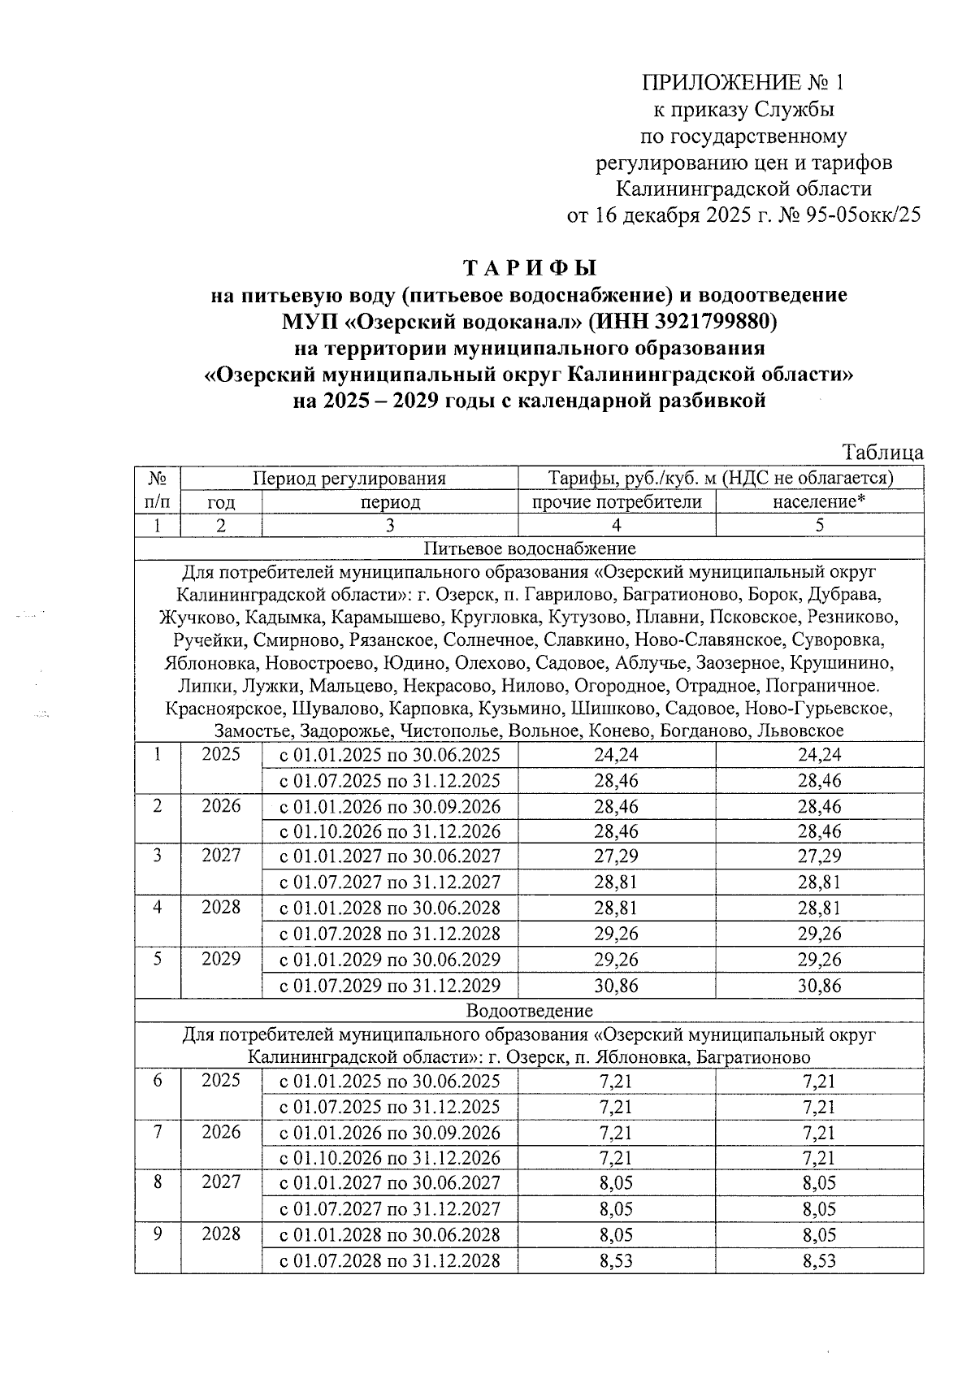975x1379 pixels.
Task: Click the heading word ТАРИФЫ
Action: tap(529, 268)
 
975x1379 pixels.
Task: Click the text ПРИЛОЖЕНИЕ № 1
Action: tap(743, 83)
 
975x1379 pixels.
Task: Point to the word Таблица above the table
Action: tap(882, 453)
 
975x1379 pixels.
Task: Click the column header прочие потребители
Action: tap(616, 502)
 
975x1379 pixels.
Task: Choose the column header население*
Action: tap(819, 502)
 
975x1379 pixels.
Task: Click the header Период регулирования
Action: tap(349, 478)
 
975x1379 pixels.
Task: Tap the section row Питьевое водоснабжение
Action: tap(529, 549)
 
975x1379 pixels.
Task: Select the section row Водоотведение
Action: tap(529, 1011)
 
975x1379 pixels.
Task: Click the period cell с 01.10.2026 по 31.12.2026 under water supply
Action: tap(390, 831)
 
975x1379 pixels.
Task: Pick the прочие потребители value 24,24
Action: tap(616, 755)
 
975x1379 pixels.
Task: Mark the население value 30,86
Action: tap(819, 987)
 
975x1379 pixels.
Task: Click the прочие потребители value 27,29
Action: tap(616, 856)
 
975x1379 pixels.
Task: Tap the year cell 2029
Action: tap(221, 959)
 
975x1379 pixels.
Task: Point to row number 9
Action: tap(158, 1234)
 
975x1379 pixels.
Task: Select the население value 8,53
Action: tap(819, 1261)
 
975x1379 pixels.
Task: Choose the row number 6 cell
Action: tap(158, 1081)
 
